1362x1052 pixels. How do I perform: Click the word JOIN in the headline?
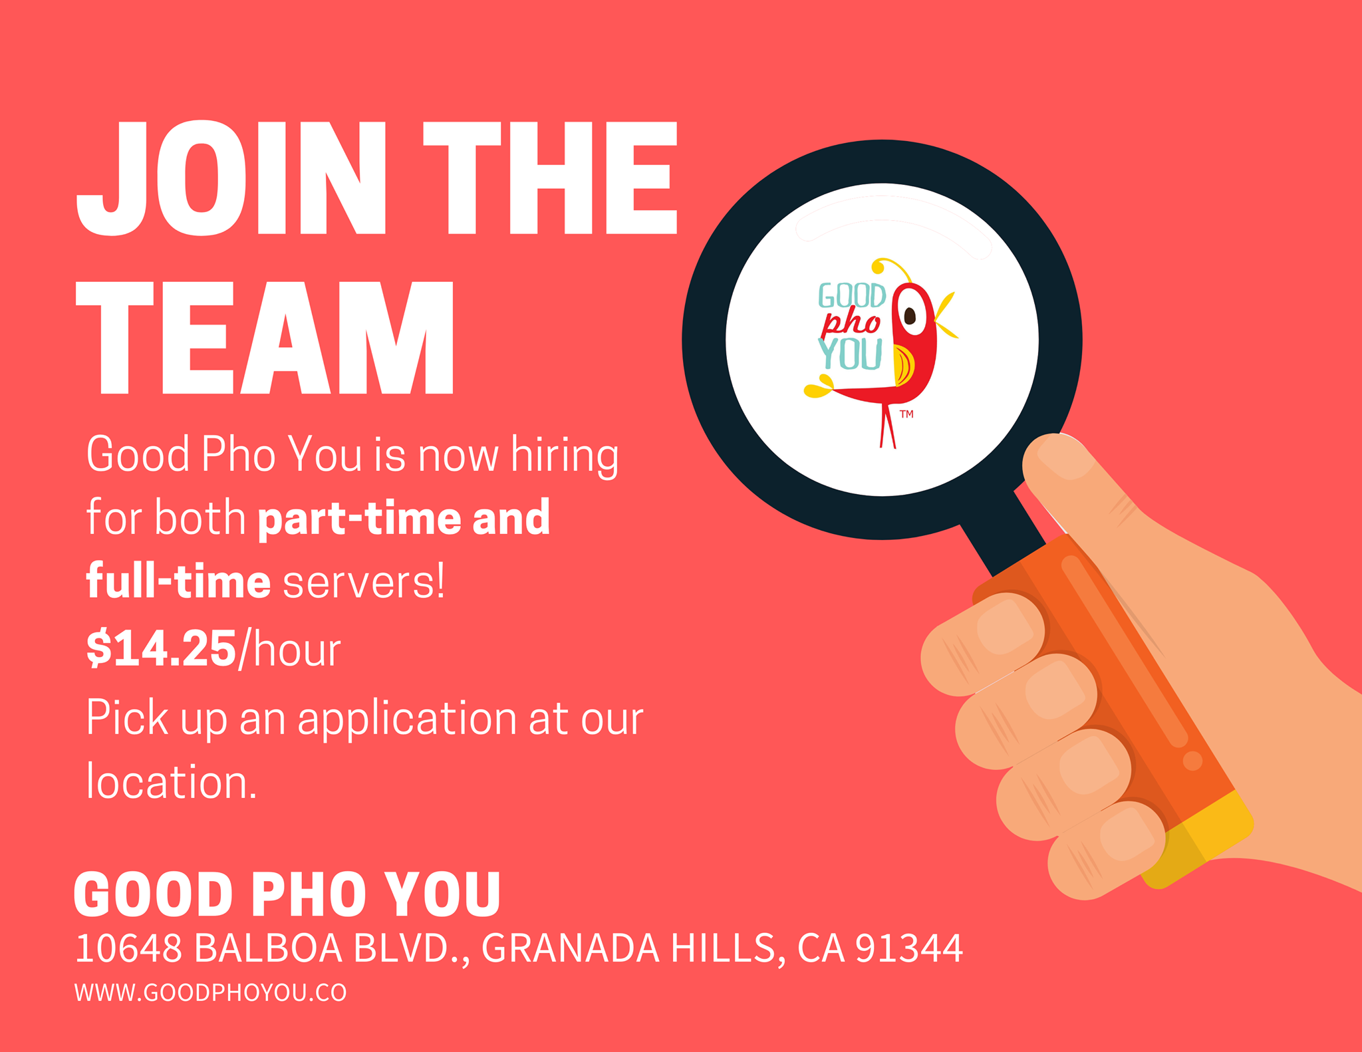pos(231,178)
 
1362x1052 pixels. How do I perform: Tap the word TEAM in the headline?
pos(265,338)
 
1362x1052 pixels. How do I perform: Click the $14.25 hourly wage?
pos(161,648)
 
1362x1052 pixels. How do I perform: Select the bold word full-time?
pos(178,581)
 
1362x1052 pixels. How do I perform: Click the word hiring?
pos(565,456)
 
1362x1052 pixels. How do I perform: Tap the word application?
pos(406,720)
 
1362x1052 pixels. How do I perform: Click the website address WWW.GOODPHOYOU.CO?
pos(210,993)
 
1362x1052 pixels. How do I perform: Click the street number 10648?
pos(128,948)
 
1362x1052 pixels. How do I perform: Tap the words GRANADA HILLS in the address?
pos(628,949)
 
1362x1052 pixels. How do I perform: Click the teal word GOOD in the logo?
pos(851,296)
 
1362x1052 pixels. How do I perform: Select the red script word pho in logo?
pos(851,324)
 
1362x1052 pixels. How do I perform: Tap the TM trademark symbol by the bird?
pos(906,414)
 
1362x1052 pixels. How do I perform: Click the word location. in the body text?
pos(171,781)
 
